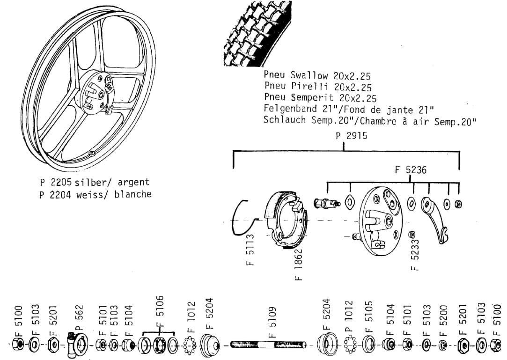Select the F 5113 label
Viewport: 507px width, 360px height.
pos(250,250)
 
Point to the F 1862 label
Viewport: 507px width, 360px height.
pos(298,264)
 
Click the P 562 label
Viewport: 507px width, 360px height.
pos(79,318)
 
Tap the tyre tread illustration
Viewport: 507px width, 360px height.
pos(255,30)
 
